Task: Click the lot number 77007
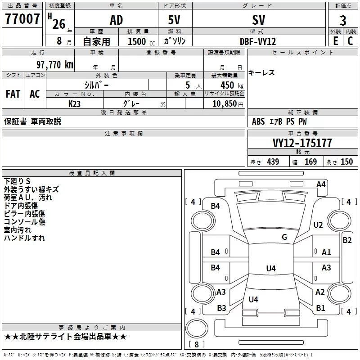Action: coord(22,19)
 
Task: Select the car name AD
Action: coord(116,20)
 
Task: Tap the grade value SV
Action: coord(259,20)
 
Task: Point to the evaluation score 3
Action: coord(343,20)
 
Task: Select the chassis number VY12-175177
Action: coord(302,143)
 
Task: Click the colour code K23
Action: coord(75,103)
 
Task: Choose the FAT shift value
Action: coord(13,94)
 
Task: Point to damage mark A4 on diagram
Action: coord(321,184)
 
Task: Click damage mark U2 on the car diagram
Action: coord(318,225)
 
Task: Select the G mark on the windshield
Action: coord(284,237)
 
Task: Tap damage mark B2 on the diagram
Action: coord(347,240)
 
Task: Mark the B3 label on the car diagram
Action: coord(221,308)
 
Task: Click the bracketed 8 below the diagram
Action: coord(196,345)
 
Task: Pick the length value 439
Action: coord(273,162)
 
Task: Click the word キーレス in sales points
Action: coord(261,73)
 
